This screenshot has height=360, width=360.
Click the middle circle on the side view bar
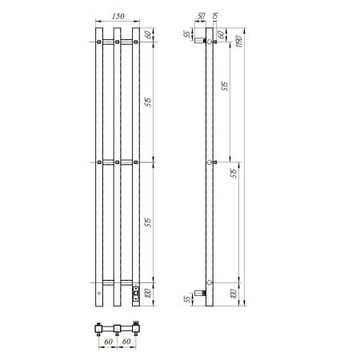point(210,162)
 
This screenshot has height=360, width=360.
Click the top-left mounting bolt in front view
point(98,41)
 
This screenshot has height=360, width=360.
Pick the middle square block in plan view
point(117,328)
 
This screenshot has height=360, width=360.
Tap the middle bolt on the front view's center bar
point(117,164)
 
